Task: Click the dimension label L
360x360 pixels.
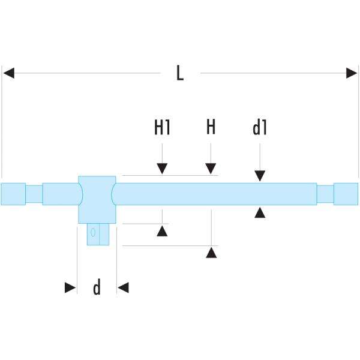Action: [x=179, y=73]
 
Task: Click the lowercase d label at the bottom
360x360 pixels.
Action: [x=96, y=289]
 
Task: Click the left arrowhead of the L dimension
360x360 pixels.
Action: [x=8, y=73]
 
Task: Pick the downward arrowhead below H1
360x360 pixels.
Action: [x=162, y=169]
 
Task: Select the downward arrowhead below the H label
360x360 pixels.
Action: [x=211, y=169]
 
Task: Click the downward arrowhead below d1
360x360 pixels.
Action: [x=259, y=176]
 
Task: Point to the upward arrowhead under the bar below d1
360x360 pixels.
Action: [x=259, y=212]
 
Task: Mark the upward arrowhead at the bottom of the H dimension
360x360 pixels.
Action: [x=211, y=253]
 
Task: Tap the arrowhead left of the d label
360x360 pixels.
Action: [x=71, y=289]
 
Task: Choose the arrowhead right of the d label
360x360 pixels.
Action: [x=123, y=289]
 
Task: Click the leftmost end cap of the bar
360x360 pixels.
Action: [x=13, y=194]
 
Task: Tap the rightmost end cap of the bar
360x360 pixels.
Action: [x=346, y=194]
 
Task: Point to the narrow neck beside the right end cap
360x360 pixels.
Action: [x=325, y=194]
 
